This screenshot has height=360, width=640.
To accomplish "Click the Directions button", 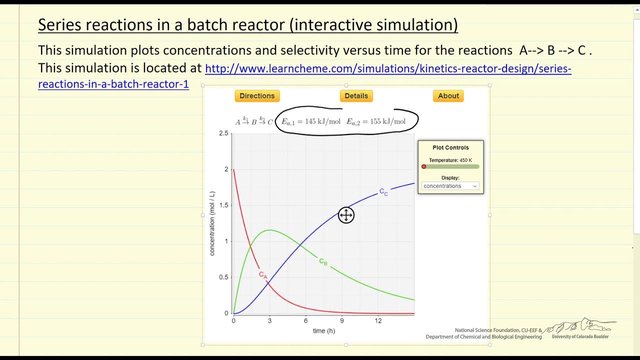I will pyautogui.click(x=257, y=96).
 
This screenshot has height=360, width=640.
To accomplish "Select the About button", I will pyautogui.click(x=448, y=96).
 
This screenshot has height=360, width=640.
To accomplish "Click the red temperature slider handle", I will pyautogui.click(x=424, y=166).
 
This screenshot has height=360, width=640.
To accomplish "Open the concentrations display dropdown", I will pyautogui.click(x=450, y=186).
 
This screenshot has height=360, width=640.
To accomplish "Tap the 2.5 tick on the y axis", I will pyautogui.click(x=223, y=133).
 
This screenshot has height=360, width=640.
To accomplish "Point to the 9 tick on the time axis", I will pyautogui.click(x=342, y=321).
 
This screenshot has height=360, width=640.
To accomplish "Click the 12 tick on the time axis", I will pyautogui.click(x=378, y=321).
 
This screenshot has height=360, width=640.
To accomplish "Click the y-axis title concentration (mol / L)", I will pyautogui.click(x=212, y=223).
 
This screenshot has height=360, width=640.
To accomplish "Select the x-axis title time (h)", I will pyautogui.click(x=323, y=331).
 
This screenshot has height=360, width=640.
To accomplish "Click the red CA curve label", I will pyautogui.click(x=263, y=275).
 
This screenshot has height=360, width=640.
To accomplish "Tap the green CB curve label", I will pyautogui.click(x=323, y=261).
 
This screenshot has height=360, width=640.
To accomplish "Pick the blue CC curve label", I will pyautogui.click(x=383, y=192).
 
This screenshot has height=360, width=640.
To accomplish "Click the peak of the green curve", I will pyautogui.click(x=270, y=230).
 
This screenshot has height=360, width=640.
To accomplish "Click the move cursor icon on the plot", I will pyautogui.click(x=346, y=215).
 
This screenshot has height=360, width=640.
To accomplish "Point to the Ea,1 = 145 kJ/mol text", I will pyautogui.click(x=311, y=121).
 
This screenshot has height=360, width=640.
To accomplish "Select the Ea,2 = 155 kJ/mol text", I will pyautogui.click(x=376, y=121).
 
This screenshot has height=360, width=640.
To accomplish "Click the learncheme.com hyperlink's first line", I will pyautogui.click(x=388, y=68).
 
